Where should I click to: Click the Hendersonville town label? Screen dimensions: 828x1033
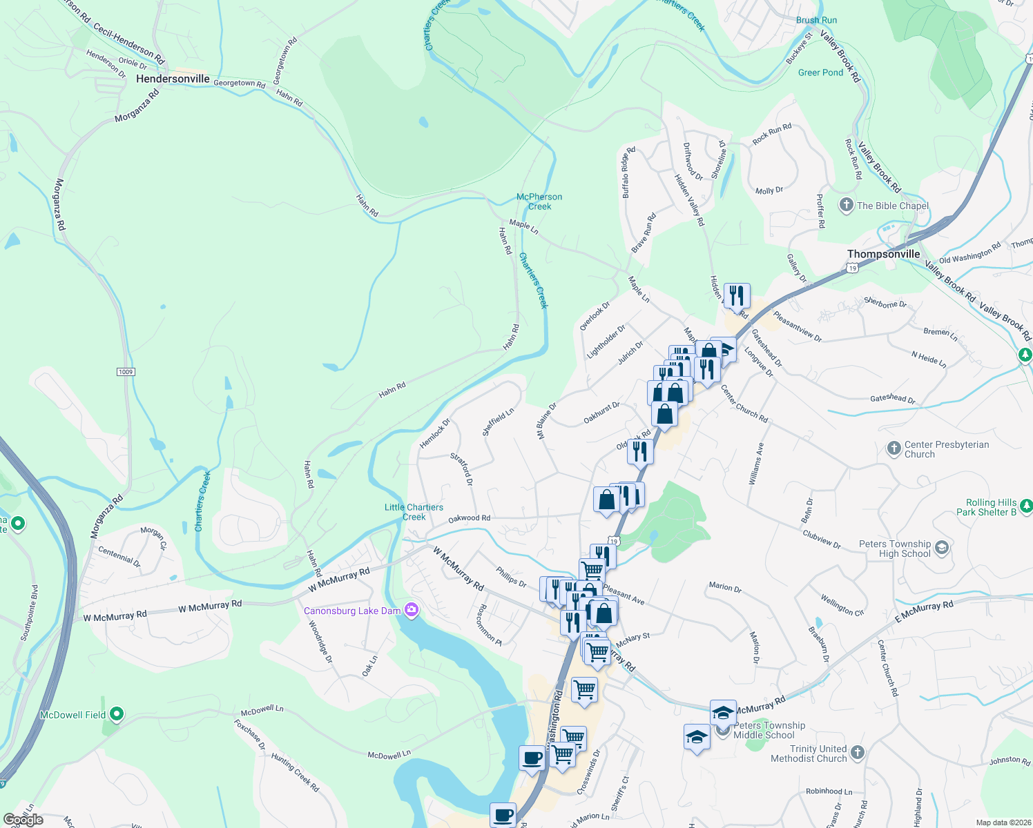173,79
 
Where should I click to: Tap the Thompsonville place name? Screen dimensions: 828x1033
883,254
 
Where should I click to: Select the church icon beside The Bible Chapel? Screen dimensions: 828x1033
846,205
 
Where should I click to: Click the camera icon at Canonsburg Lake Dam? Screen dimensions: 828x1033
412,610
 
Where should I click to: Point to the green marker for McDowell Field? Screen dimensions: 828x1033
117,714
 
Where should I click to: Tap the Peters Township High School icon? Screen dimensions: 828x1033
942,549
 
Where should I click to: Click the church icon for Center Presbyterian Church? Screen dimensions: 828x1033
894,449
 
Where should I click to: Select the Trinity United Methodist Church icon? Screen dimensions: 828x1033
857,753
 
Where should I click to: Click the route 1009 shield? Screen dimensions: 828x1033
125,372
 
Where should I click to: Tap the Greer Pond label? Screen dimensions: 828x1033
820,72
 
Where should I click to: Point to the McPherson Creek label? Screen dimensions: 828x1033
539,201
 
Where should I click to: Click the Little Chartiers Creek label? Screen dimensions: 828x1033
414,512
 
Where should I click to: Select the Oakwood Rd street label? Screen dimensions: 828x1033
469,518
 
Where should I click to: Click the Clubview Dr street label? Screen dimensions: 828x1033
822,539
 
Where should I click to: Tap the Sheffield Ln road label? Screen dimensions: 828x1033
498,422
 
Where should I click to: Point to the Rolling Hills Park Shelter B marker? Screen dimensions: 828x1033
1026,506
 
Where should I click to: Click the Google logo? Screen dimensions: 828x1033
23,820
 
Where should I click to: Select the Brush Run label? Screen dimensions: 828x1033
816,20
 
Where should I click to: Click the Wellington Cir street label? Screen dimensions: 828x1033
842,605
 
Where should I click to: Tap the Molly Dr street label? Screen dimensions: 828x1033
769,190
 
